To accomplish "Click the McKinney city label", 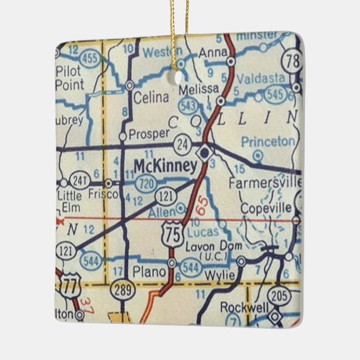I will coord(165,165).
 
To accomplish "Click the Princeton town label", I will coord(270,142).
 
